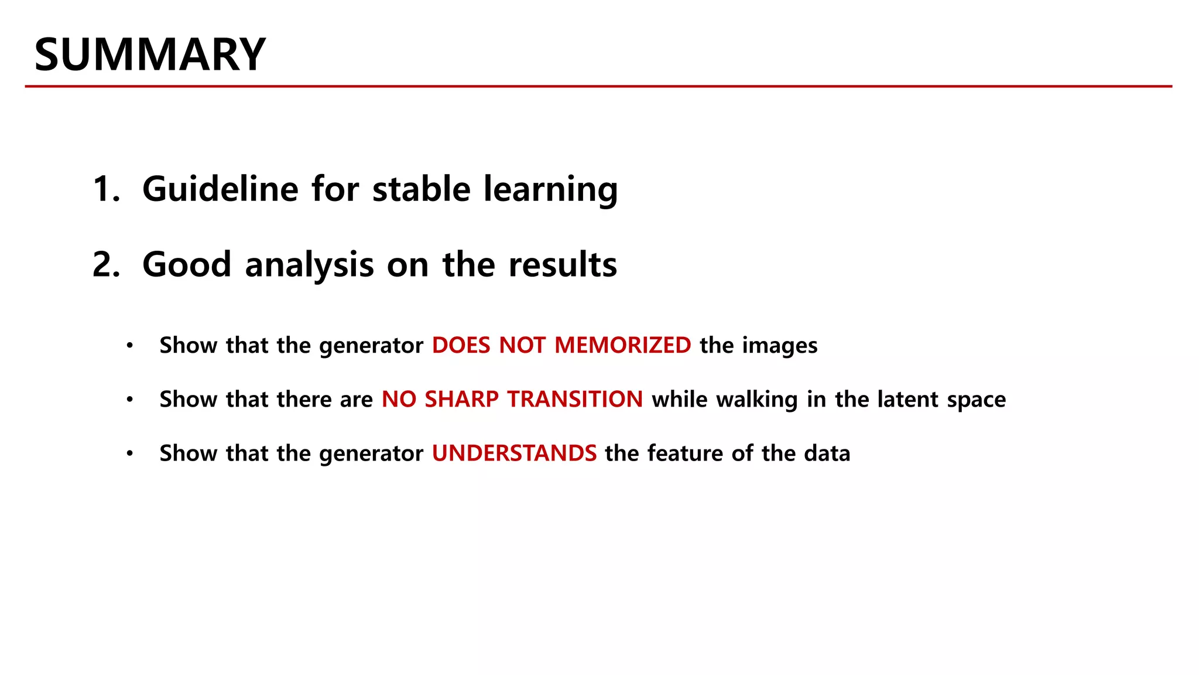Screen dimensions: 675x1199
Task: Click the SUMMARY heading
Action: [150, 54]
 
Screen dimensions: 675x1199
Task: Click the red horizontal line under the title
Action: [598, 86]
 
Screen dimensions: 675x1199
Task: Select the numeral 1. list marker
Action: [106, 189]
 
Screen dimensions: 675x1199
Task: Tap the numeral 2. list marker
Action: [106, 265]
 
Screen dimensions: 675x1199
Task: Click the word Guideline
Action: [220, 189]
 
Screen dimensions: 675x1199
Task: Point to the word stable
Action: [422, 189]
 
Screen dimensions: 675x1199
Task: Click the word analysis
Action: [309, 265]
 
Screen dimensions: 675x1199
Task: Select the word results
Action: [563, 265]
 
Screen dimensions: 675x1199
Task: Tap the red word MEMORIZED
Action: [622, 345]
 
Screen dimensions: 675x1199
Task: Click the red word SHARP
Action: [462, 399]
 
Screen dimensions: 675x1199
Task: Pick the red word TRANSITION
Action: [575, 399]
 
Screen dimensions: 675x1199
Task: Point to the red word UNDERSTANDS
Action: [514, 453]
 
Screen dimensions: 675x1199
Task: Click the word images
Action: [780, 346]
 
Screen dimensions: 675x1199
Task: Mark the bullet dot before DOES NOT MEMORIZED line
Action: [130, 345]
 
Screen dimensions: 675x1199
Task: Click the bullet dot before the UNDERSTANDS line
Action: [130, 453]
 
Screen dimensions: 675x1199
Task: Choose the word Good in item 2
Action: [187, 265]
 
